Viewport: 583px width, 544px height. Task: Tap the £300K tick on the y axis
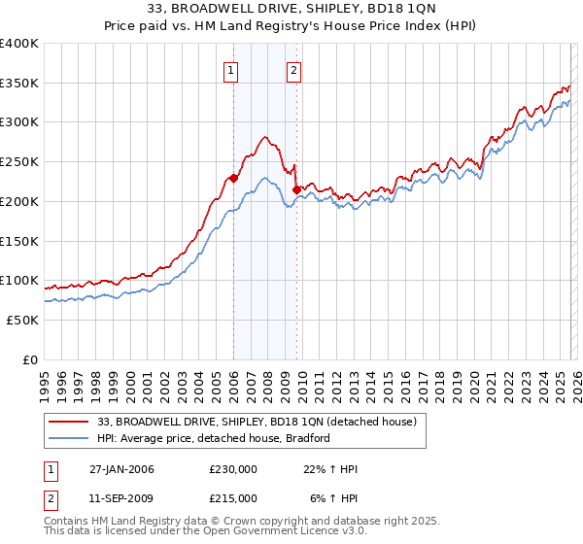click(x=18, y=122)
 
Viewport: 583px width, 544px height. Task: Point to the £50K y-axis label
click(x=22, y=320)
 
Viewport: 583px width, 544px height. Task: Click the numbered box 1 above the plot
click(x=231, y=69)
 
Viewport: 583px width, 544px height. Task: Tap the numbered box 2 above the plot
click(x=293, y=69)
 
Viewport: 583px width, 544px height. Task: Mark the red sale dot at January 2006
click(x=233, y=178)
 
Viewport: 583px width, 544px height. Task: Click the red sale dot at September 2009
click(x=296, y=189)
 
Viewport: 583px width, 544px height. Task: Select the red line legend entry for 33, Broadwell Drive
click(x=257, y=422)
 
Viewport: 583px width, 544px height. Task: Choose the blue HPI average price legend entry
click(x=214, y=438)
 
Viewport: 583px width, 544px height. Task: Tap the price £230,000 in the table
click(x=233, y=469)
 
